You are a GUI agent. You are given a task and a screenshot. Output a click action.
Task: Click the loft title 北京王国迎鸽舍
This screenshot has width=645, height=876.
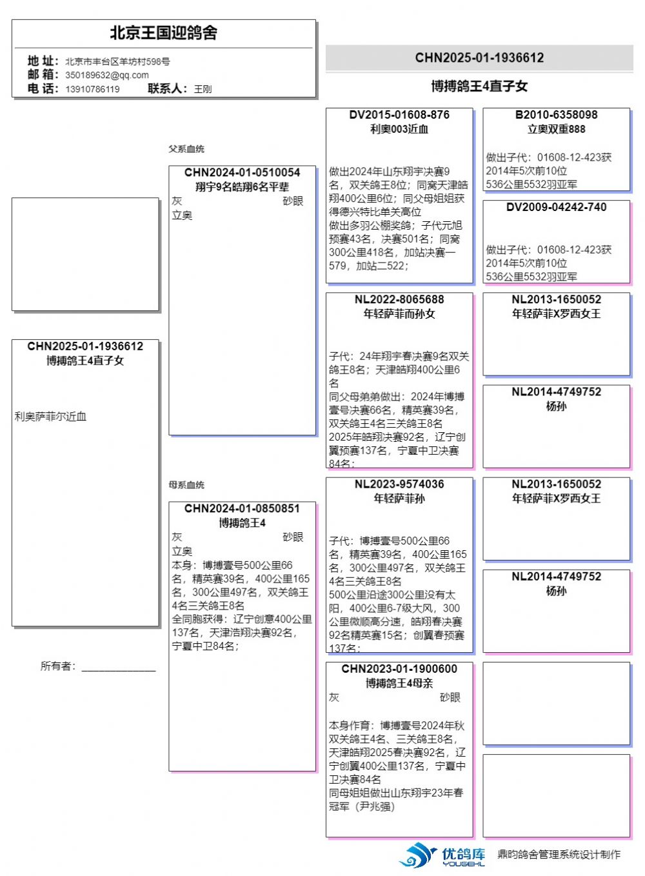163,33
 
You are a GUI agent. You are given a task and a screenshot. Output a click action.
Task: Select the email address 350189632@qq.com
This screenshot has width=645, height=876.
107,75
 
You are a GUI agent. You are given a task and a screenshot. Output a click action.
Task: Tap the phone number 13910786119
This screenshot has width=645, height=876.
92,89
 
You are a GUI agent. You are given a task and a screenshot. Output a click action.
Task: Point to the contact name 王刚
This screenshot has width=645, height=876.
203,89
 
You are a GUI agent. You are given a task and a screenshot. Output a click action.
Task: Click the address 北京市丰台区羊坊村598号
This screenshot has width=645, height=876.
117,61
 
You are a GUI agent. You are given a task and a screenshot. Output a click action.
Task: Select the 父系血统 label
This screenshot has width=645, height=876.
186,149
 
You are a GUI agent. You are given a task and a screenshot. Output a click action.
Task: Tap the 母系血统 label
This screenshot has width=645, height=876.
186,485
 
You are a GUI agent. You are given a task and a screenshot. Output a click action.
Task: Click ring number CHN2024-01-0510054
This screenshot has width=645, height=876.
242,172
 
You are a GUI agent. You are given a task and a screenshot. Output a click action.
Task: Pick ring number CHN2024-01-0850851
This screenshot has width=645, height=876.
242,508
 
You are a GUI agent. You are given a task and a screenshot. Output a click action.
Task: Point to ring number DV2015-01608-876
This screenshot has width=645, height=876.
399,115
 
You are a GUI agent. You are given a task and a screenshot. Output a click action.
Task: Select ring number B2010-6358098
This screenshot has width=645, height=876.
556,115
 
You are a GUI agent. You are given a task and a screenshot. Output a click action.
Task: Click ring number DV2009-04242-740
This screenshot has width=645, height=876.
556,207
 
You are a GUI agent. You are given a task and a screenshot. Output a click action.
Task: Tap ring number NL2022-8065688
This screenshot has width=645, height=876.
399,299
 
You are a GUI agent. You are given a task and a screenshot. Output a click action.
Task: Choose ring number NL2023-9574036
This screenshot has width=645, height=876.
399,484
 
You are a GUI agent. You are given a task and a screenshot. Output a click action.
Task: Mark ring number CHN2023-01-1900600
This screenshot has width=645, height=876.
399,669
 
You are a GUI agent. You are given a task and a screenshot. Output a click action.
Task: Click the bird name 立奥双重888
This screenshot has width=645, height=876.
556,129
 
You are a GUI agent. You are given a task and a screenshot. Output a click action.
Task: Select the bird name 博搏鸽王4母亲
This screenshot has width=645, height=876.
399,683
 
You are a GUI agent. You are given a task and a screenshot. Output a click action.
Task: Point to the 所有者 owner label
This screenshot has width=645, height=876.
58,666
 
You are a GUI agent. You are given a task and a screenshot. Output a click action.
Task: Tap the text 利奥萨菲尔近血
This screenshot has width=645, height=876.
50,417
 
